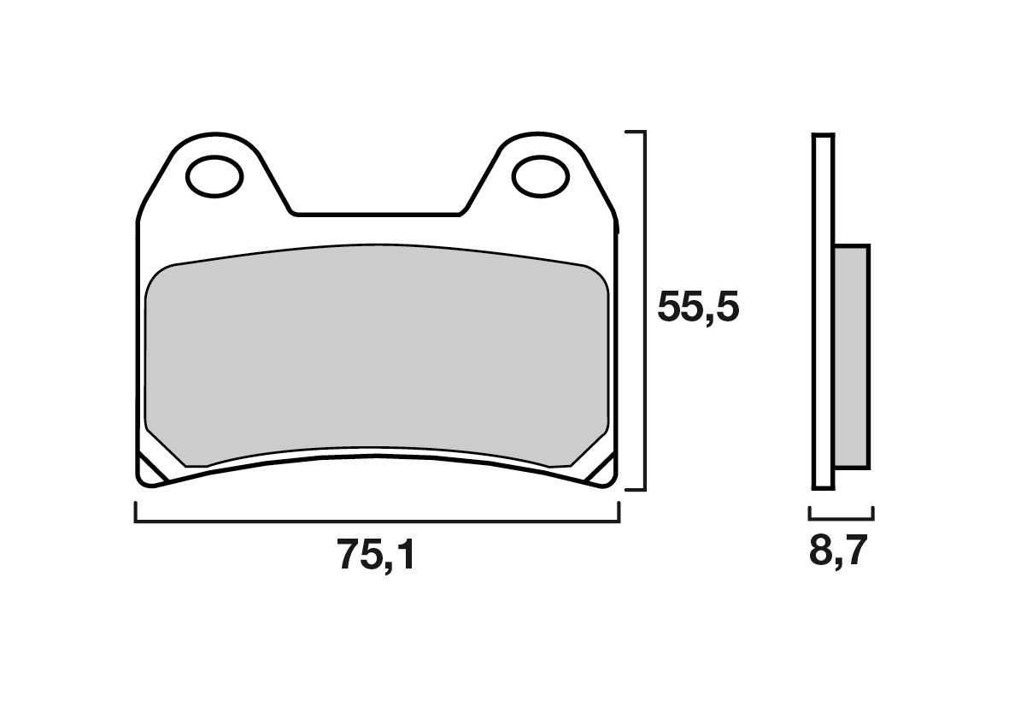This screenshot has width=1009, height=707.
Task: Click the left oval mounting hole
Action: click(214, 177)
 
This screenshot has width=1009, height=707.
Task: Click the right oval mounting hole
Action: click(540, 177)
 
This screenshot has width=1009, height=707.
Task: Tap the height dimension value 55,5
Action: click(696, 308)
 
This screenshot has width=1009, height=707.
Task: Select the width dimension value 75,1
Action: click(376, 557)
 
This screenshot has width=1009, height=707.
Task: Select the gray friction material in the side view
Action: click(851, 356)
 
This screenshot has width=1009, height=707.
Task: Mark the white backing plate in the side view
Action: click(822, 312)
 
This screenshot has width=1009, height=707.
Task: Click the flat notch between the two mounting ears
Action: click(377, 213)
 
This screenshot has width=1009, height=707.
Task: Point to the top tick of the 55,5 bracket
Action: click(634, 133)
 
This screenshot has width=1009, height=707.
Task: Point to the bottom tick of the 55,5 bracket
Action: click(634, 490)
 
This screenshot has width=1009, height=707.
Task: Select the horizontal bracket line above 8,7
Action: click(842, 518)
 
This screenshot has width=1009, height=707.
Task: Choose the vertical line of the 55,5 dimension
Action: click(643, 312)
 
